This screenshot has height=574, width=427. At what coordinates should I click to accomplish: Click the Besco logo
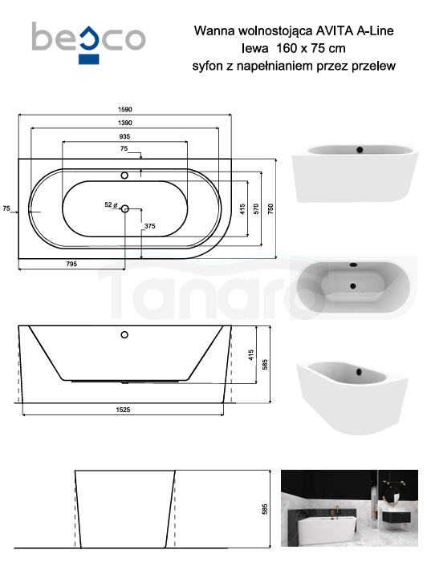tap(89, 42)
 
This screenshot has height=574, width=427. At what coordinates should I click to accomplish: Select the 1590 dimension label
tap(124, 110)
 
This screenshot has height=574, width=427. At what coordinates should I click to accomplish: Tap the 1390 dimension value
tap(124, 123)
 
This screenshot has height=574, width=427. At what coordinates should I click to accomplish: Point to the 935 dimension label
tap(124, 136)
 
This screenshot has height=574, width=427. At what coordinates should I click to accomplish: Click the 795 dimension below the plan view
tap(71, 264)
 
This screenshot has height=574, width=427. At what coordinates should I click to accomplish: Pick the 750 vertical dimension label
tap(270, 209)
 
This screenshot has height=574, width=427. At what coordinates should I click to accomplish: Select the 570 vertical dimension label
tap(256, 209)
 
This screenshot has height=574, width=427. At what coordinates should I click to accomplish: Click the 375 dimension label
tap(149, 226)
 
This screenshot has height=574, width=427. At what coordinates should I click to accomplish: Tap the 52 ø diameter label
tap(111, 205)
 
